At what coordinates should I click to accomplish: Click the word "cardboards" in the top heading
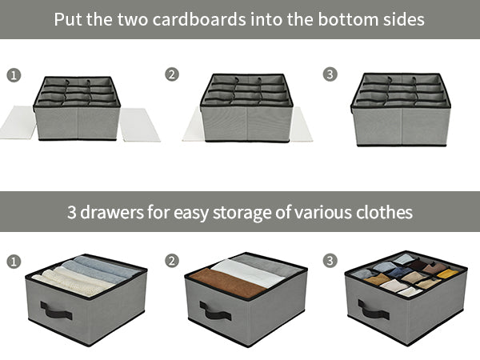(210, 18)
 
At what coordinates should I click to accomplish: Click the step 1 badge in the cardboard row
(14, 75)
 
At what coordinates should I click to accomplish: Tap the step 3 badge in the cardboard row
(330, 75)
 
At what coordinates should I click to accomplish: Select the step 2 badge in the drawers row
(172, 262)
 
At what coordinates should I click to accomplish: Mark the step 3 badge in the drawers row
(330, 262)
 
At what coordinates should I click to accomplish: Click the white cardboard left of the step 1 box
(17, 123)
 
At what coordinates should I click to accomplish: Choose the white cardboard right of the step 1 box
(139, 125)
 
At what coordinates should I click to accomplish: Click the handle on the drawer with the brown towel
(214, 310)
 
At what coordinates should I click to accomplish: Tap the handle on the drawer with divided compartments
(373, 310)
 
